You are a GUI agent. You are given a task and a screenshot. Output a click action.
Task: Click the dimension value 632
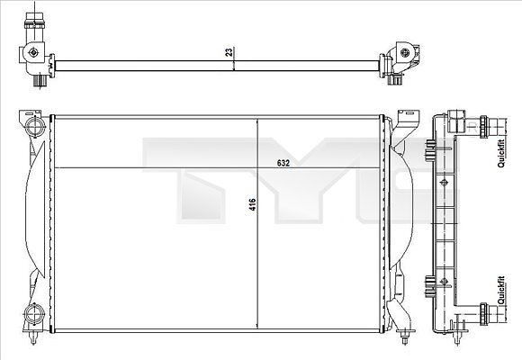(283, 163)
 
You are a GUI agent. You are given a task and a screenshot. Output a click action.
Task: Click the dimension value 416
(253, 204)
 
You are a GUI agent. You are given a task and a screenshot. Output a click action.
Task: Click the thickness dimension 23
(229, 52)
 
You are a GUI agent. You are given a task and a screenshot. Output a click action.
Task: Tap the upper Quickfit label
(501, 153)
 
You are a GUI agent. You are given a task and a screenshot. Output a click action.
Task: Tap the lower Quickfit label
(501, 290)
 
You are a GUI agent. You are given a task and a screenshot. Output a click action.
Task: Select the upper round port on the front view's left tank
(34, 126)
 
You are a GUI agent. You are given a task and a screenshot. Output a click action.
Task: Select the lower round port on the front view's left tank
(34, 313)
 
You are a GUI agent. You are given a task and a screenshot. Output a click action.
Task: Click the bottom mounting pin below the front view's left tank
(32, 337)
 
